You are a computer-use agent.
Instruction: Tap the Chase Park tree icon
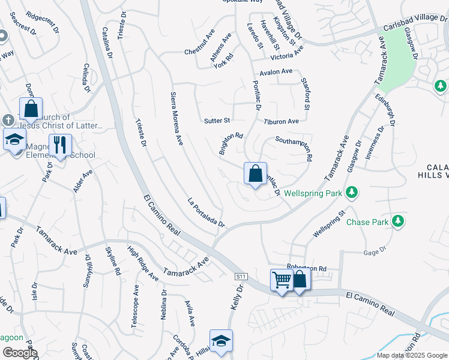point(397,222)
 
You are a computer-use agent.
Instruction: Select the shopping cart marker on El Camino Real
point(281,280)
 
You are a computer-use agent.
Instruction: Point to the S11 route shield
point(241,275)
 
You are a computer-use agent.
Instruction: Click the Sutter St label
point(217,121)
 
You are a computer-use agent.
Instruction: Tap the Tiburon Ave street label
point(281,121)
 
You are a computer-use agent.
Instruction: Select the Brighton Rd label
point(231,144)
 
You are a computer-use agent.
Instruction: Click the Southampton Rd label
point(294,149)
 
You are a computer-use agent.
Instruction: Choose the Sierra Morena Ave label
point(176,119)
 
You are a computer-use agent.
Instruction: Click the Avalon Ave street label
point(276,72)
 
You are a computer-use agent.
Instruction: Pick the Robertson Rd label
point(306,268)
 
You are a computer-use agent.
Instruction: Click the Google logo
point(19,353)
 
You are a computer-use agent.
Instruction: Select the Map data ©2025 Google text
point(412,355)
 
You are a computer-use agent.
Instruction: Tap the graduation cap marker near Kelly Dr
point(221,341)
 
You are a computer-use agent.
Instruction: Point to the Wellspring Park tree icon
point(353,193)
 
